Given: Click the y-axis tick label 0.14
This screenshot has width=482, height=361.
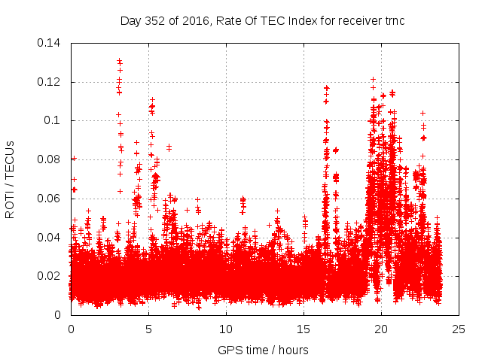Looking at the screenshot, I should pos(51,42).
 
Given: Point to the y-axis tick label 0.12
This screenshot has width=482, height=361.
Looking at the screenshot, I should pos(51,81).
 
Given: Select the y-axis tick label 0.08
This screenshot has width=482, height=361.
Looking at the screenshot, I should pos(51,159).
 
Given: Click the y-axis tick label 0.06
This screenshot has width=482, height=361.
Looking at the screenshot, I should pos(51,199).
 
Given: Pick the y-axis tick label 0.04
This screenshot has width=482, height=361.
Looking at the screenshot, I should pos(51,238).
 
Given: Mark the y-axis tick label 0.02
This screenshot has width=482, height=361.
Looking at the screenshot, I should pos(51,276).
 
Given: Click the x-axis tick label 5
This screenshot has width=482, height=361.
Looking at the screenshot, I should pos(148,329).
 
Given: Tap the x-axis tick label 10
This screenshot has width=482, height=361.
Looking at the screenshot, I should pos(226,329).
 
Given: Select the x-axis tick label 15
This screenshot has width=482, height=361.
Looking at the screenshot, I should pos(304,329).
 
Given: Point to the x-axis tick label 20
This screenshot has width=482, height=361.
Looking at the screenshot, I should pos(381,329).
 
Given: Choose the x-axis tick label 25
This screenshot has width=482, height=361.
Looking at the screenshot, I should pos(459,329).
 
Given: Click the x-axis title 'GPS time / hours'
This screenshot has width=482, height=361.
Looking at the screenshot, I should pos(263,350).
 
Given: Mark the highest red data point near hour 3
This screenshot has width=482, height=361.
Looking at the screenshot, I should pos(119,61).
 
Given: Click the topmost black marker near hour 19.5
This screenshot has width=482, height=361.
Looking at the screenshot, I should pos(373,79).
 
